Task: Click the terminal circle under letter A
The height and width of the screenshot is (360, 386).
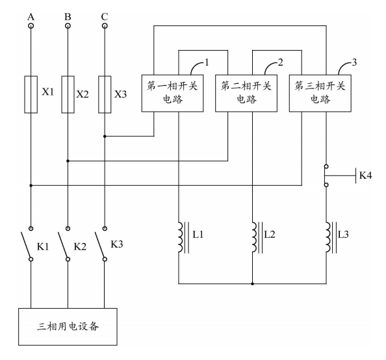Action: pyautogui.click(x=31, y=25)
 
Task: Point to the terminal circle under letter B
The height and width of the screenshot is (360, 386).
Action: pyautogui.click(x=68, y=25)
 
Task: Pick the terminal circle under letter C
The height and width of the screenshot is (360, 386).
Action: pyautogui.click(x=105, y=25)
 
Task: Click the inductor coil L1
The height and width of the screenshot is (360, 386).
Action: pyautogui.click(x=181, y=237)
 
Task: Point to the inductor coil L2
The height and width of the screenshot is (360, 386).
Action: pyautogui.click(x=255, y=237)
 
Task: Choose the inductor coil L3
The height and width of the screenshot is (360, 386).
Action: pyautogui.click(x=329, y=237)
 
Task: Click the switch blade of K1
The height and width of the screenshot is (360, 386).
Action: pyautogui.click(x=26, y=244)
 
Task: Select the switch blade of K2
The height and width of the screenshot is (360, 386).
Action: pyautogui.click(x=63, y=244)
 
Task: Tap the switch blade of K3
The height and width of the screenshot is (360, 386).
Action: pyautogui.click(x=100, y=244)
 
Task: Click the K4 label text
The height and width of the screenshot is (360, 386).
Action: pyautogui.click(x=365, y=175)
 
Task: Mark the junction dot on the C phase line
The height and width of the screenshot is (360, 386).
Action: pyautogui.click(x=105, y=136)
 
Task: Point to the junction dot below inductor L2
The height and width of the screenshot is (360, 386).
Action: pyautogui.click(x=252, y=284)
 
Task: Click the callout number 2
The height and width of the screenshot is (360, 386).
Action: pyautogui.click(x=280, y=62)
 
